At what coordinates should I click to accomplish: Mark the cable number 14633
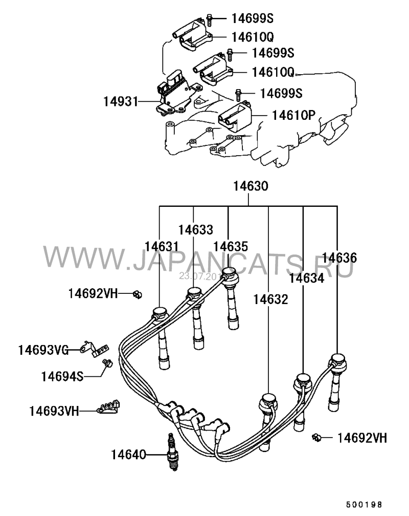195,229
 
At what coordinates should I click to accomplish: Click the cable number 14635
231,247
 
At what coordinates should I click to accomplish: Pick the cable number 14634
306,279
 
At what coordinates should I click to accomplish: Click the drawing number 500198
363,505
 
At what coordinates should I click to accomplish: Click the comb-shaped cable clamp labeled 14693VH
108,407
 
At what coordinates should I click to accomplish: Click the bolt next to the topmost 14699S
210,19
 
